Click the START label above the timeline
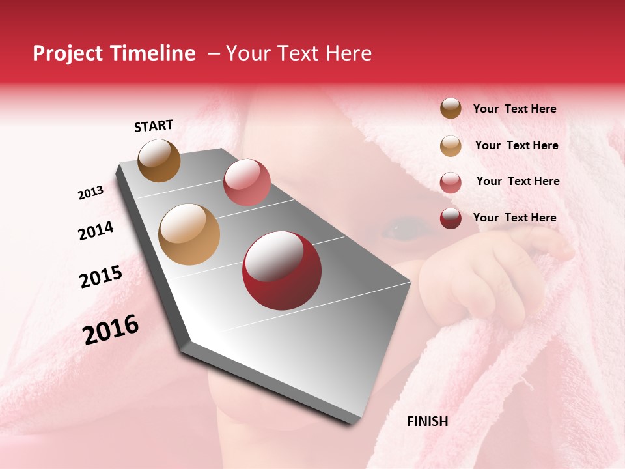point(154,126)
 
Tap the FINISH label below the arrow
point(427,421)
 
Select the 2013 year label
point(90,193)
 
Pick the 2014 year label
point(96,231)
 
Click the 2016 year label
point(111,330)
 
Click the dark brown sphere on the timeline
point(160,160)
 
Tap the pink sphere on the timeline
point(247,182)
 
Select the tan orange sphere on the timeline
point(189,234)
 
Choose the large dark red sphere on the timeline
point(282,270)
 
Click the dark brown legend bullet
point(451,109)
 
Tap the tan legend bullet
point(451,146)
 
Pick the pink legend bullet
point(451,182)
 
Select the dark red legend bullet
point(451,218)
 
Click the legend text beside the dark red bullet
point(514,218)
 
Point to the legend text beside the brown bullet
point(514,109)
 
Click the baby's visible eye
point(398,229)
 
